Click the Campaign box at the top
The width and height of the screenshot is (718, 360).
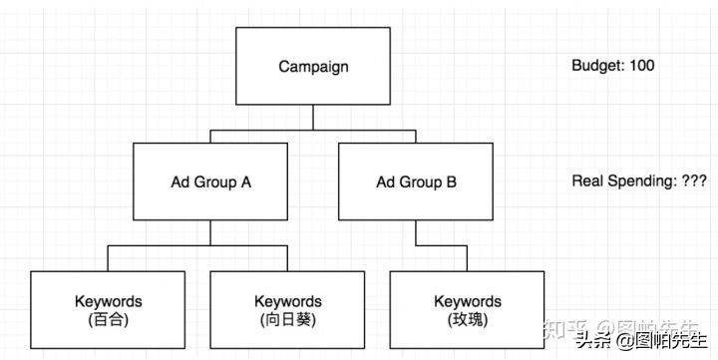[x=313, y=66]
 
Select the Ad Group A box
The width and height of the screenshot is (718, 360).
[x=210, y=181]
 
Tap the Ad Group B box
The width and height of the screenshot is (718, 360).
[x=416, y=181]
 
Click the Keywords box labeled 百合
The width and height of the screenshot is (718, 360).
[x=108, y=308]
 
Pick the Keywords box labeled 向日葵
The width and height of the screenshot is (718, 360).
[x=287, y=308]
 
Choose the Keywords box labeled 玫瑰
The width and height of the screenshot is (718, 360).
[x=467, y=308]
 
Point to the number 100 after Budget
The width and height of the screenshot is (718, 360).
[x=642, y=66]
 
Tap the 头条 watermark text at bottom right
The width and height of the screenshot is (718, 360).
[x=594, y=341]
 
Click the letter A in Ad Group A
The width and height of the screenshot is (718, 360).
[x=245, y=181]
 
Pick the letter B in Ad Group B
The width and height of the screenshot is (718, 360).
[x=451, y=181]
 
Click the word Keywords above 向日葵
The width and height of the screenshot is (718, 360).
[x=287, y=300]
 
